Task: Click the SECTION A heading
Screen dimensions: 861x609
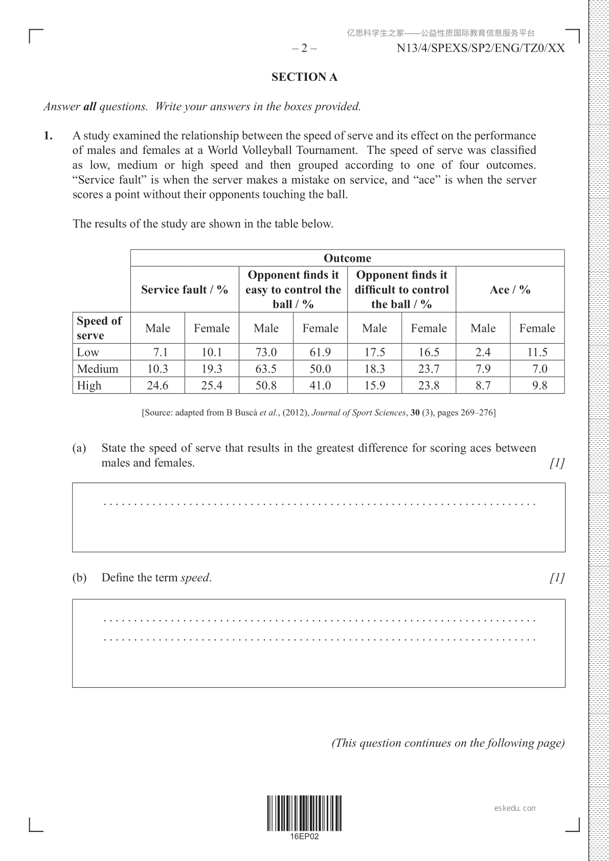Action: [x=304, y=77]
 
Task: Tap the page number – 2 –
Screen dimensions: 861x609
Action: [x=304, y=49]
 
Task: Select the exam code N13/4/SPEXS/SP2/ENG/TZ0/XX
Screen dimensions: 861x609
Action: [x=481, y=49]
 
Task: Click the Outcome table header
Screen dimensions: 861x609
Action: [x=347, y=258]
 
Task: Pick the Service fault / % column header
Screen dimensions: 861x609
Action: [x=185, y=290]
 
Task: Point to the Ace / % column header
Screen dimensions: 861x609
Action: [x=510, y=290]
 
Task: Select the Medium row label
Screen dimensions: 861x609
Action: [x=98, y=369]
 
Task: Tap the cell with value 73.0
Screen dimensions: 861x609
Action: [x=266, y=352]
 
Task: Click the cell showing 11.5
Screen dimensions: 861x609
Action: [x=537, y=352]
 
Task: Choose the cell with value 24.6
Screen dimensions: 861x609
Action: [x=157, y=386]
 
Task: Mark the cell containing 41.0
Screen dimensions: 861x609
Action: [x=320, y=386]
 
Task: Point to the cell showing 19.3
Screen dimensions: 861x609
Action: [x=212, y=369]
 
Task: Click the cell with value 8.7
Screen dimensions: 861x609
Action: [x=483, y=386]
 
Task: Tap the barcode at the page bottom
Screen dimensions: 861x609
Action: [x=304, y=812]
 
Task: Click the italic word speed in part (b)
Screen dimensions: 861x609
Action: [x=195, y=578]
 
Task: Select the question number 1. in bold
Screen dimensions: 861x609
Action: [x=48, y=136]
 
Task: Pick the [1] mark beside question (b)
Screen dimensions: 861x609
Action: [x=557, y=578]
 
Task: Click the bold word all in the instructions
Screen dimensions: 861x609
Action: [x=89, y=107]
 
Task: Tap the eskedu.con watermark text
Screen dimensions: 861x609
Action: [x=515, y=808]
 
